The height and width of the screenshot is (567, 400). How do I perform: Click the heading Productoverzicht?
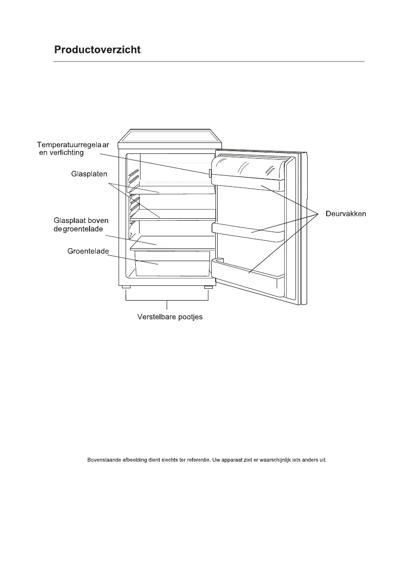pyautogui.click(x=97, y=50)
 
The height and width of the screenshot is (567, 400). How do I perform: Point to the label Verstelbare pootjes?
pyautogui.click(x=167, y=317)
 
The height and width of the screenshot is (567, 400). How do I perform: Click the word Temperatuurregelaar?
pyautogui.click(x=73, y=144)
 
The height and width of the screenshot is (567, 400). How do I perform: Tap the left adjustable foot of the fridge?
pyautogui.click(x=126, y=288)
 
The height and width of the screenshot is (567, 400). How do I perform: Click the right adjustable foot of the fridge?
pyautogui.click(x=208, y=288)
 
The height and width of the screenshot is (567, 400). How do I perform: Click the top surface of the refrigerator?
pyautogui.click(x=170, y=136)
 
